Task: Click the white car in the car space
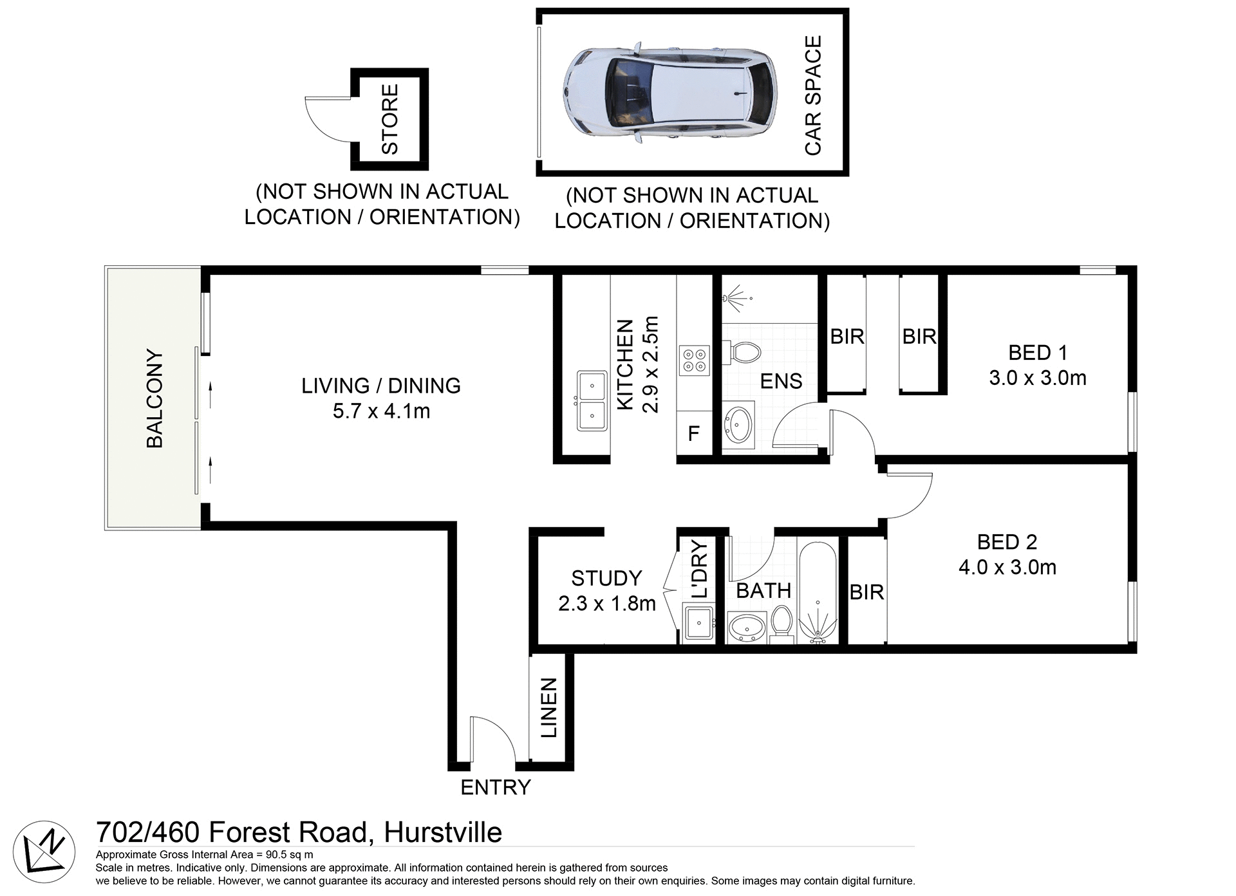tap(669, 92)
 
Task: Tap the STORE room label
tap(390, 119)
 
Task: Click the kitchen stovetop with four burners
tap(694, 360)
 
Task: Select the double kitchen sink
tap(592, 400)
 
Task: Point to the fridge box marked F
tap(693, 433)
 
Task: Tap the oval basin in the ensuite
tap(739, 424)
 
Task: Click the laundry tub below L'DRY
tap(698, 623)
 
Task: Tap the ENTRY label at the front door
tap(495, 787)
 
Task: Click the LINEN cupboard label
tap(548, 707)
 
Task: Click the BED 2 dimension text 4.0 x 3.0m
tap(1007, 567)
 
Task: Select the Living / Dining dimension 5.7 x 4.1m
tap(381, 411)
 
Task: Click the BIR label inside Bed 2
tap(866, 592)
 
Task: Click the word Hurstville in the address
tap(443, 832)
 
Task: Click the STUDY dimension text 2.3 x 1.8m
tap(606, 604)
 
